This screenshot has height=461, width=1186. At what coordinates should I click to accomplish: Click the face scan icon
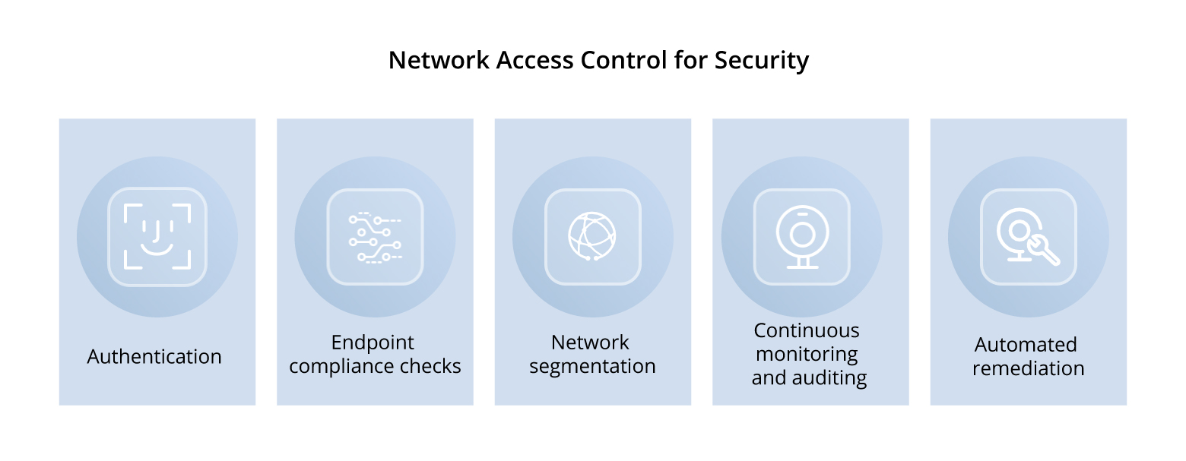click(157, 236)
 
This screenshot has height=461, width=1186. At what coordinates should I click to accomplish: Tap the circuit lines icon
click(375, 237)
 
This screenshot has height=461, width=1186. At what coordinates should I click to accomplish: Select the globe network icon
click(592, 236)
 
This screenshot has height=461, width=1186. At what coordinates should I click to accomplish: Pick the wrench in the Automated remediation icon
click(1044, 251)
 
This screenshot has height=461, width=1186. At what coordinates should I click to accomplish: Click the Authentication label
click(154, 356)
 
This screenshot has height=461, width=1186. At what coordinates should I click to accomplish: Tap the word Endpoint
click(373, 342)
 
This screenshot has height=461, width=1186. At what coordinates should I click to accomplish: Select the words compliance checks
click(375, 366)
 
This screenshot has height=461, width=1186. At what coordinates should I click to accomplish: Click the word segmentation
click(592, 366)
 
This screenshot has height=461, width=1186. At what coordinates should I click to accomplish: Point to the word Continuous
click(807, 330)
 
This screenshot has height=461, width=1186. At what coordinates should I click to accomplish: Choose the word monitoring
click(807, 354)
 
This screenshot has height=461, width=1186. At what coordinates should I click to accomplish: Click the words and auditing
click(809, 377)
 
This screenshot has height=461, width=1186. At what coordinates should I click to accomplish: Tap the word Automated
click(1026, 344)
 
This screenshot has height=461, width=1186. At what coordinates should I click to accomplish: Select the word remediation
click(1028, 368)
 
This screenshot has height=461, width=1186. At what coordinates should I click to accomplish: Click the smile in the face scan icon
click(157, 249)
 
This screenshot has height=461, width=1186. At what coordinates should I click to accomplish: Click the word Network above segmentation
click(590, 342)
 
